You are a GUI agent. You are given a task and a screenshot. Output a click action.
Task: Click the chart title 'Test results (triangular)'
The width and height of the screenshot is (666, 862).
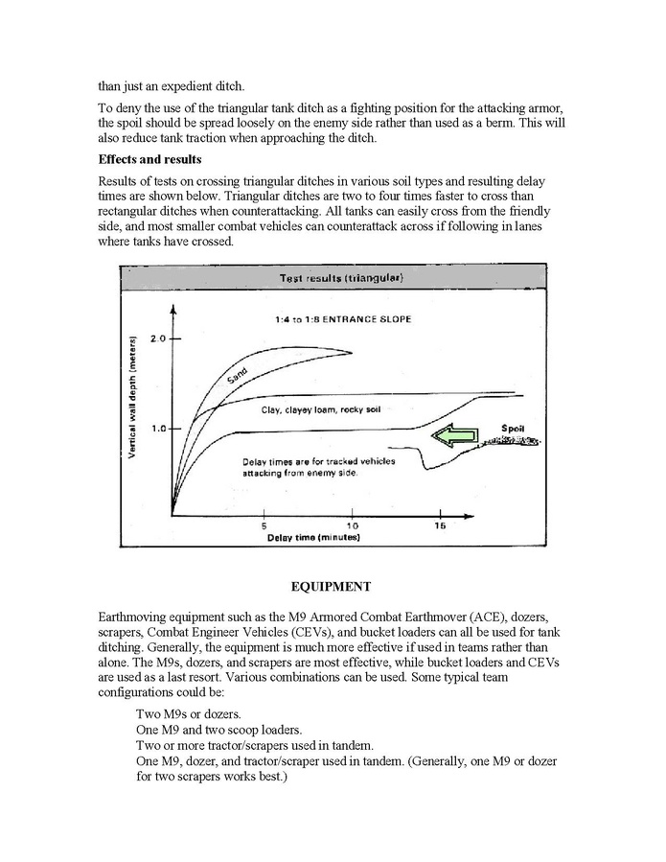pos(340,279)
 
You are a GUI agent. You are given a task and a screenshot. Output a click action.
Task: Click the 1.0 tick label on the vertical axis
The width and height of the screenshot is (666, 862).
pos(157,429)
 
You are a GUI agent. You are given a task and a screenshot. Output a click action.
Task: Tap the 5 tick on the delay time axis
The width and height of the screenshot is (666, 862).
pos(264,526)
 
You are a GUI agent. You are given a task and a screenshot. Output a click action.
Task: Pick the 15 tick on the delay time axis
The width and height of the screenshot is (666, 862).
pos(440,526)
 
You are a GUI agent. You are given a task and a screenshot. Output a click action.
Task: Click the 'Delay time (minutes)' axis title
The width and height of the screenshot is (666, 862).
pos(313,538)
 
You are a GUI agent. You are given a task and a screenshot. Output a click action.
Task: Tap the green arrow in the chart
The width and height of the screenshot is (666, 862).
pos(452,437)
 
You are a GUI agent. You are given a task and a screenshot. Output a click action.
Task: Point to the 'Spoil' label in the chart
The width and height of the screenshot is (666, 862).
pos(514,427)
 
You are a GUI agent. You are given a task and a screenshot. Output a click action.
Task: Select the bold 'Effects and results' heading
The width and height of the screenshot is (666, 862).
pos(151,159)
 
